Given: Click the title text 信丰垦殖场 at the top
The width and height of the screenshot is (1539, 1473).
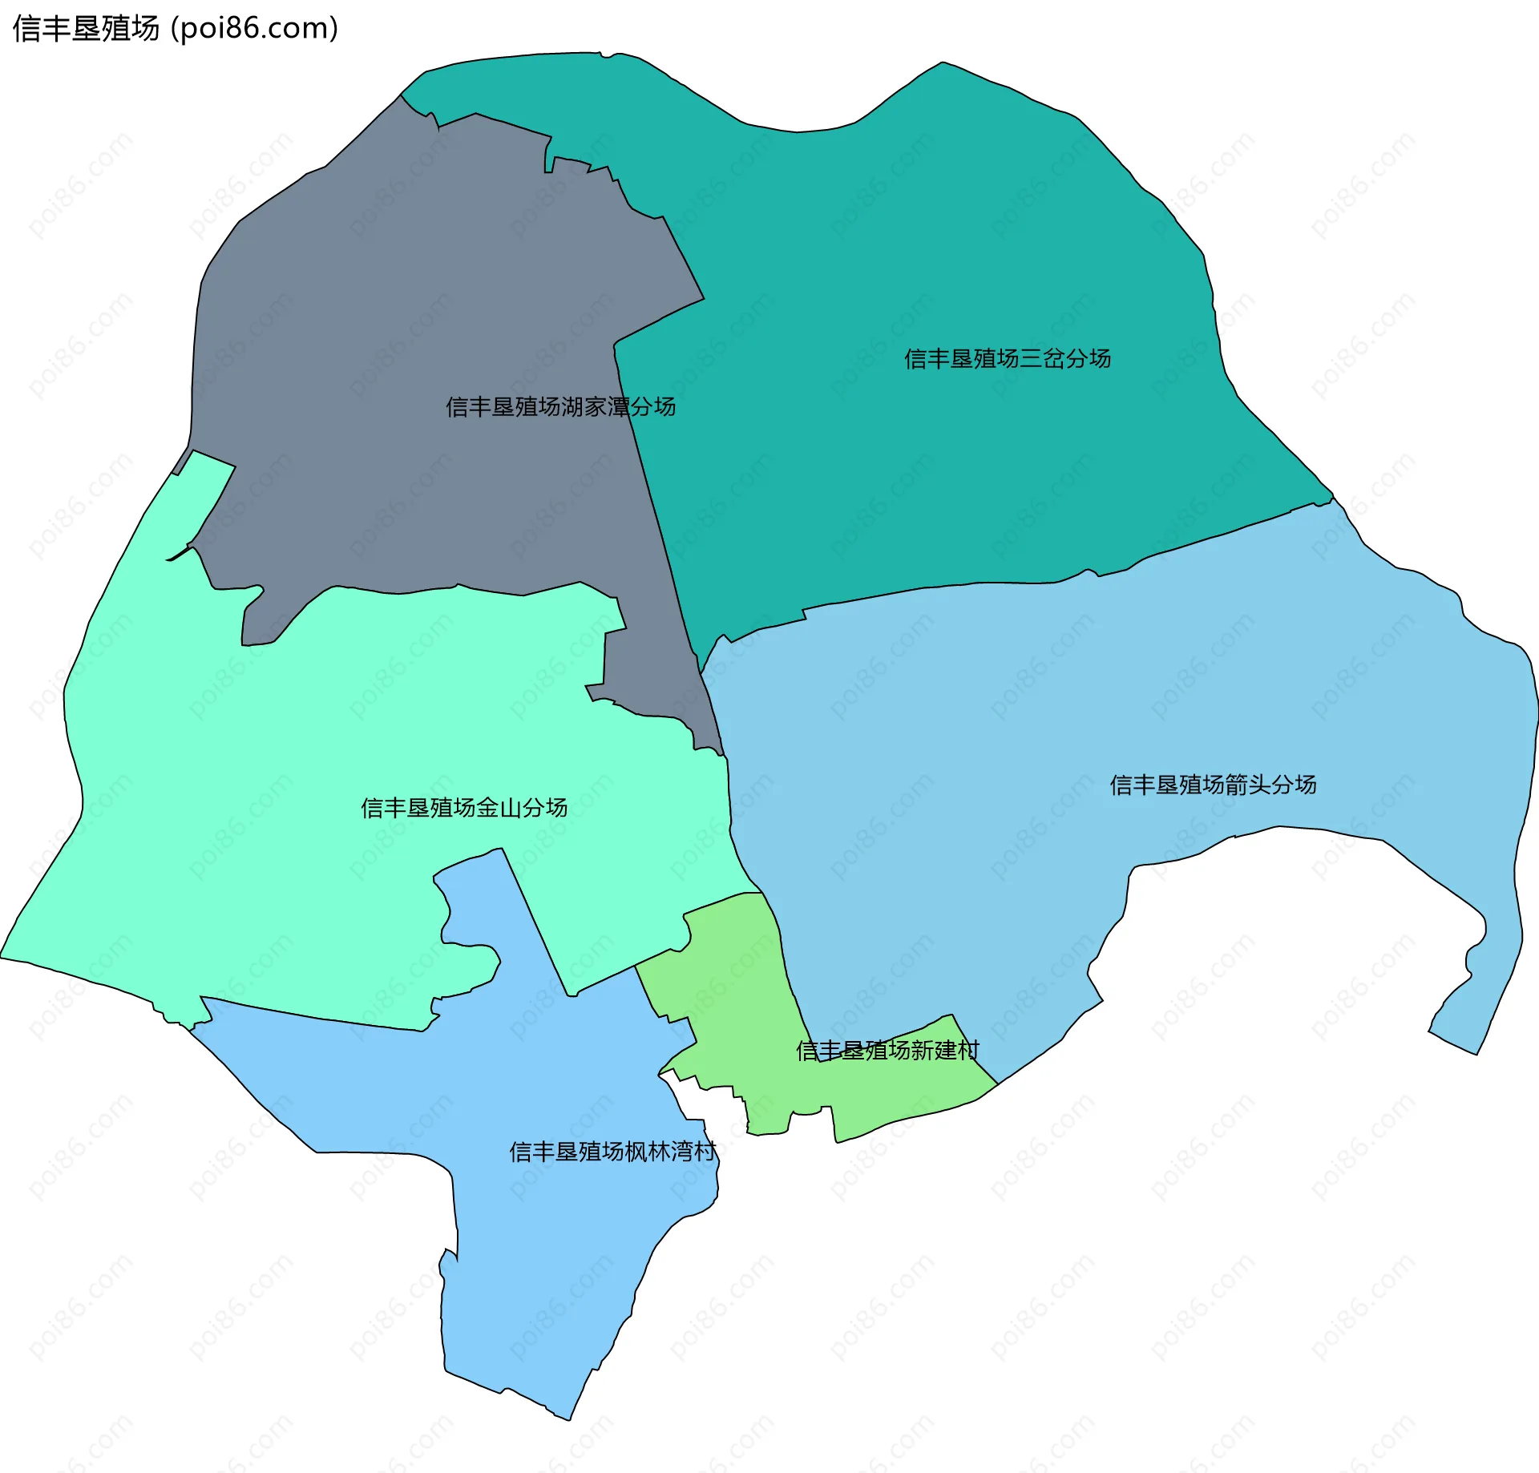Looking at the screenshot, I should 87,29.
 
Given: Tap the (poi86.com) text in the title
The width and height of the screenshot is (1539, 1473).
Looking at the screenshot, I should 255,29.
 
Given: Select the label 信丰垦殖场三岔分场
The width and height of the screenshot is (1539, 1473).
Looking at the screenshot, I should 1008,358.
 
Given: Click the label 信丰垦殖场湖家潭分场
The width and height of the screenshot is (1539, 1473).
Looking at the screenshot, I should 560,407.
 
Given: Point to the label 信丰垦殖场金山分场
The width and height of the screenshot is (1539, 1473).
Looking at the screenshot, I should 464,807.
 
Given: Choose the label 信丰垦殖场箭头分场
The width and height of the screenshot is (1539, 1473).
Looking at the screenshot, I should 1213,785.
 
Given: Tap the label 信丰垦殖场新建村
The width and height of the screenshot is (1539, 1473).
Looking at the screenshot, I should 887,1050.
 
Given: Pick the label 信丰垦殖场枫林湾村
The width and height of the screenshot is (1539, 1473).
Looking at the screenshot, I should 613,1152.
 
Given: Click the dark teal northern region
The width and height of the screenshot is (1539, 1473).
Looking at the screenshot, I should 922,240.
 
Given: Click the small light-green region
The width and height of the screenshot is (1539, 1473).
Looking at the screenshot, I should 737,1002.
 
